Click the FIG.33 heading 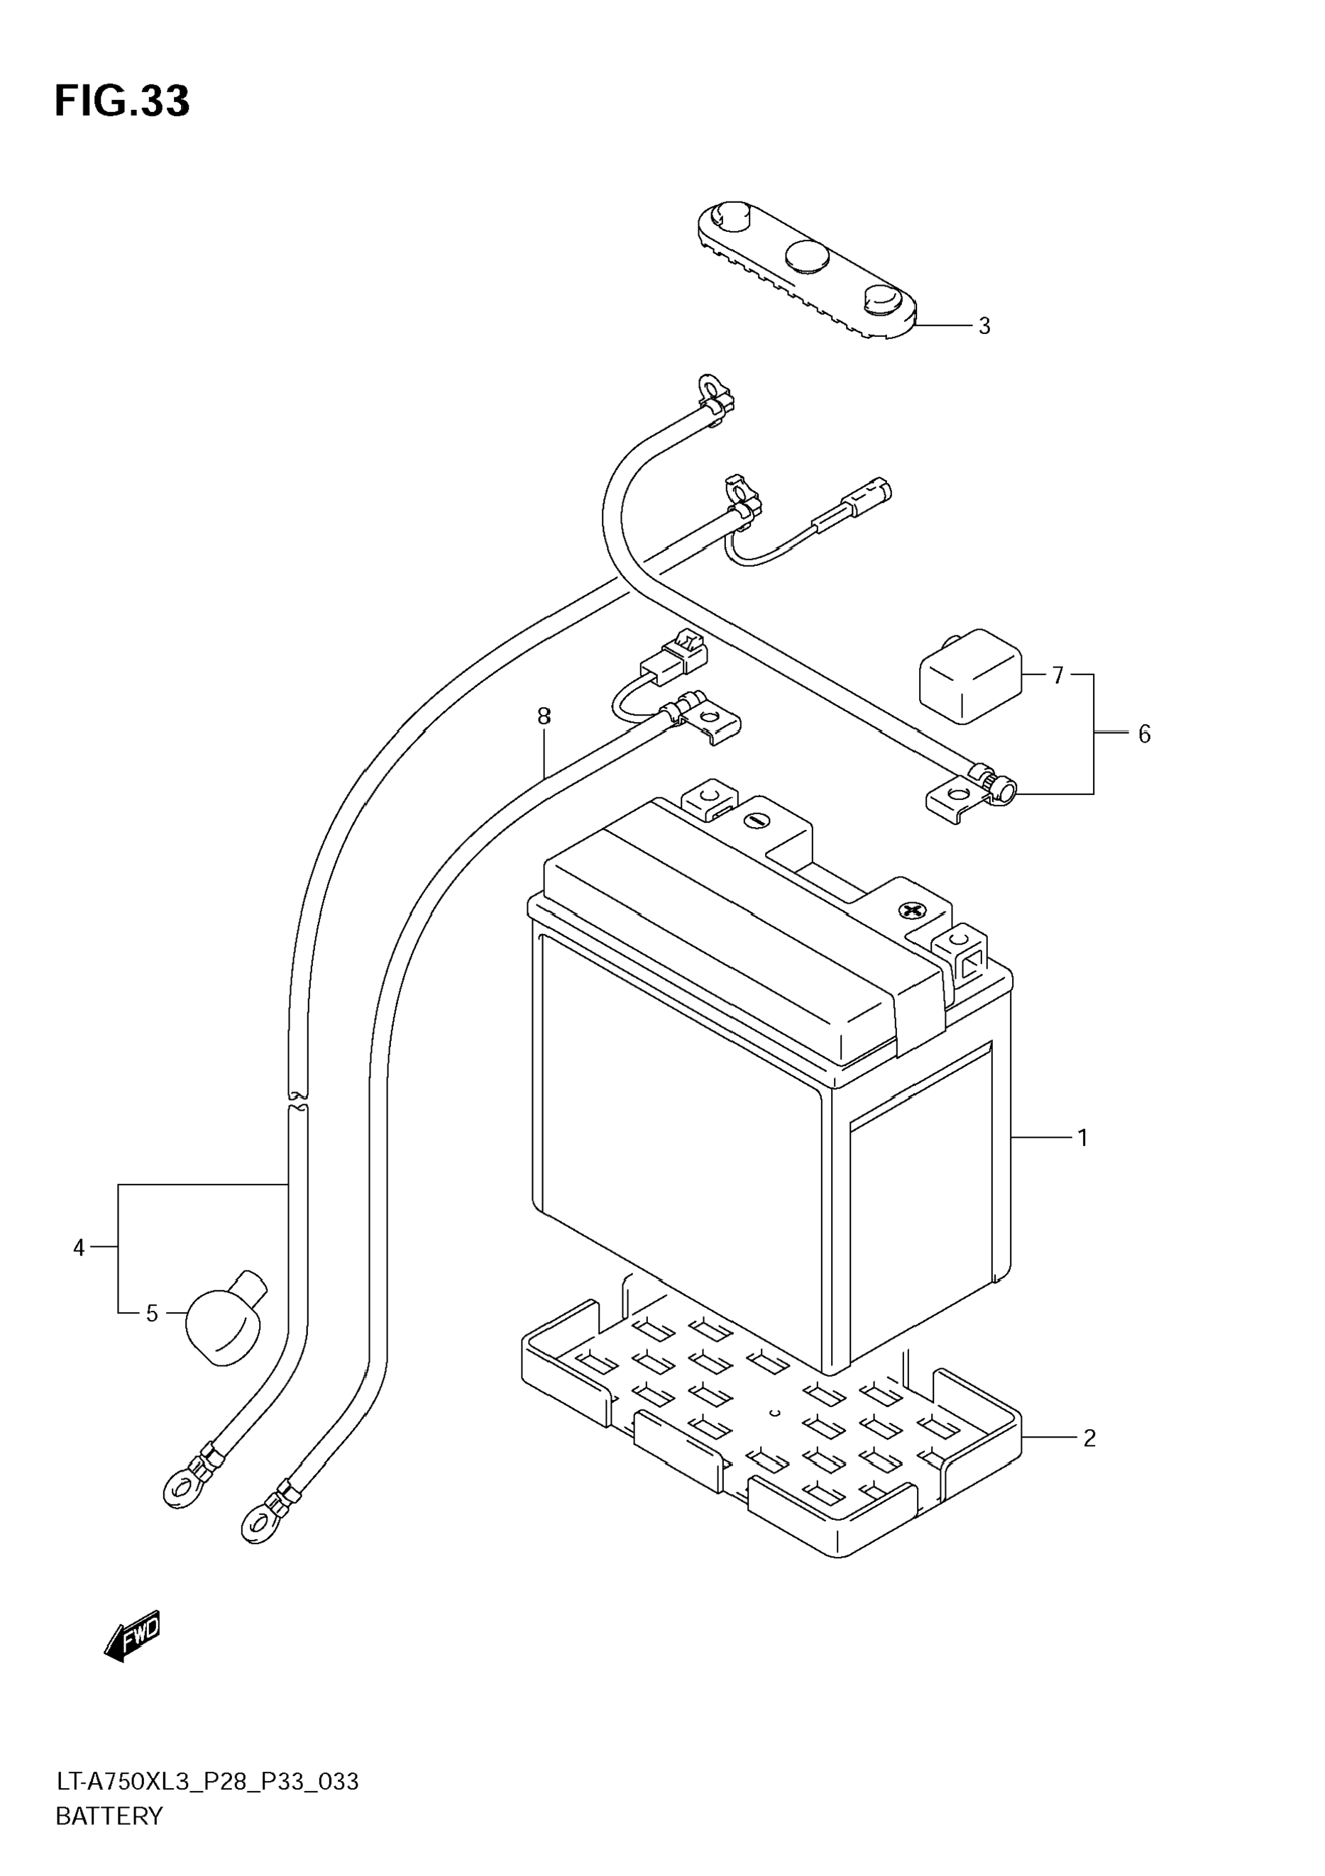122,101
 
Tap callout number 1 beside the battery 1083,1138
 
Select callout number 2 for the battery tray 1089,1438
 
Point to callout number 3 984,326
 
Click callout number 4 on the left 79,1248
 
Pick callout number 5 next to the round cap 151,1313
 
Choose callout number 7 1057,676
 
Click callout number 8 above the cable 544,716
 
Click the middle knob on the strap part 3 808,256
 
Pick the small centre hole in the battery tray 776,1413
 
